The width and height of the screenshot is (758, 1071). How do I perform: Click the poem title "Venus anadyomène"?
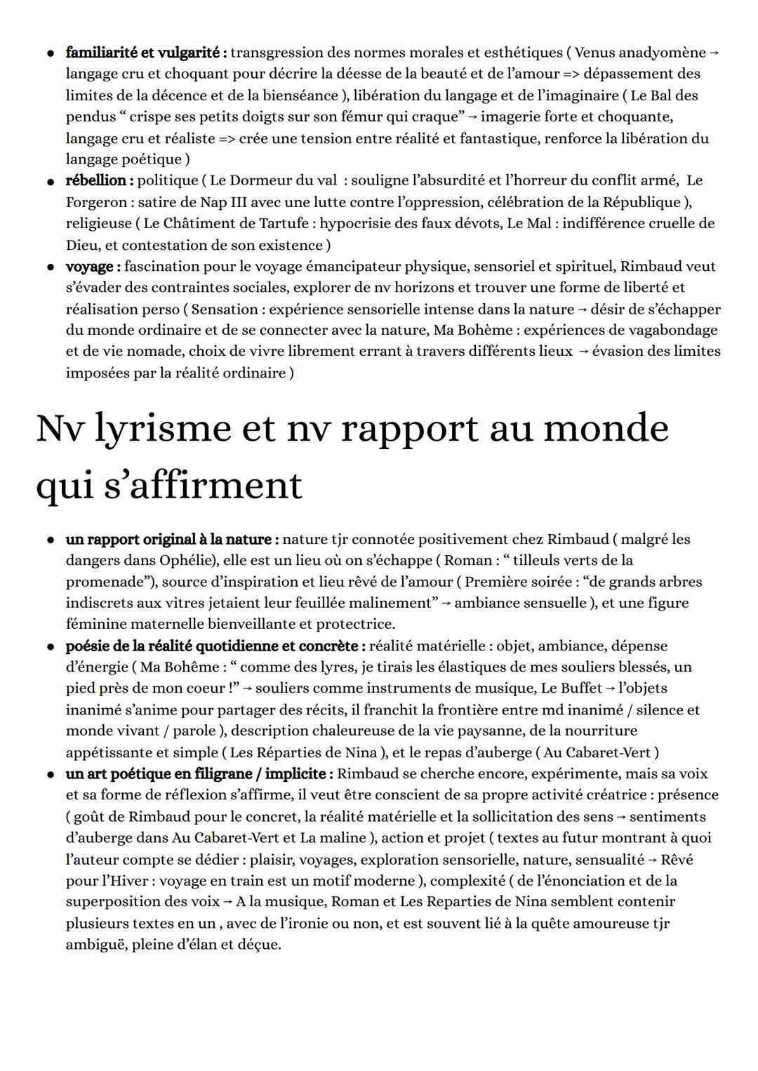640,53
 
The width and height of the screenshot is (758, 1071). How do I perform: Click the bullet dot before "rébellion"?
51,181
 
